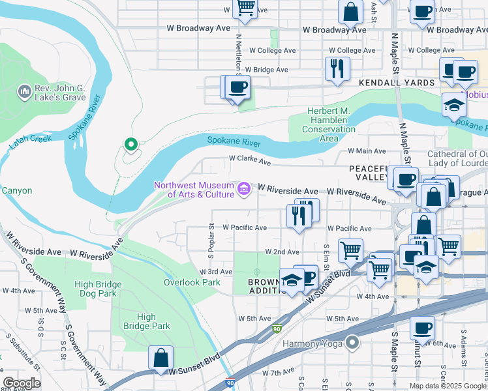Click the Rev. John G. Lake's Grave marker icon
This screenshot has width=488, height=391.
pyautogui.click(x=25, y=91)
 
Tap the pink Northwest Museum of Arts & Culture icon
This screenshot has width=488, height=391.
pyautogui.click(x=244, y=189)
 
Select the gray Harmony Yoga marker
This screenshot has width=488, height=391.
pyautogui.click(x=353, y=342)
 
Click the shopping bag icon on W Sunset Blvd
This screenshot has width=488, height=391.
pyautogui.click(x=160, y=358)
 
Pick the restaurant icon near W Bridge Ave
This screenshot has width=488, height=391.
pyautogui.click(x=337, y=68)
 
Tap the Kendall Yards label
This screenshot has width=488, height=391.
pyautogui.click(x=397, y=83)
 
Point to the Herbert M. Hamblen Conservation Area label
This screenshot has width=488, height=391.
pyautogui.click(x=329, y=124)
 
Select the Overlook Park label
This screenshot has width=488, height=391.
pyautogui.click(x=191, y=282)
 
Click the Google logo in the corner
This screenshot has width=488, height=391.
pyautogui.click(x=22, y=383)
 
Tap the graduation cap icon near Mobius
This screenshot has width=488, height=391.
pyautogui.click(x=454, y=104)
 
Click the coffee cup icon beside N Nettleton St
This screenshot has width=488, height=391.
pyautogui.click(x=238, y=87)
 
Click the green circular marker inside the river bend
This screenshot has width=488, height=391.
pyautogui.click(x=130, y=144)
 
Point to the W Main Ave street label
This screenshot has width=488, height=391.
pyautogui.click(x=371, y=151)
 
